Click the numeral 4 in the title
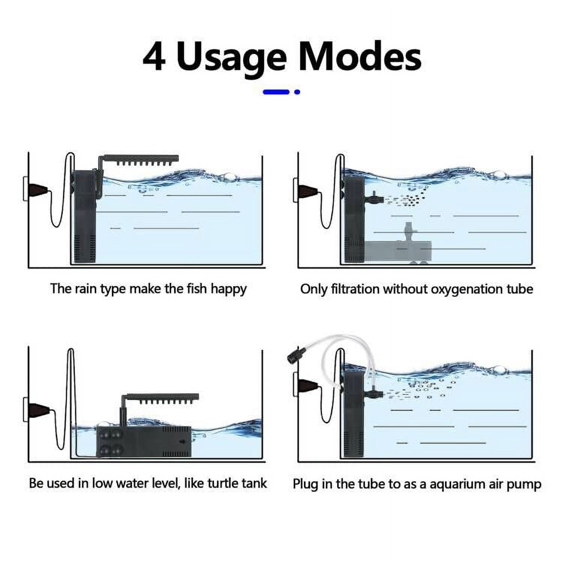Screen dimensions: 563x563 (154, 57)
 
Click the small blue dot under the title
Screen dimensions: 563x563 (297, 92)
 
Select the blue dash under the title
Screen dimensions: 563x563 (276, 92)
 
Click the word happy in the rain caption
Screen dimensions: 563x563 (228, 289)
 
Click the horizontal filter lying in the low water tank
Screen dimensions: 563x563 (144, 441)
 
